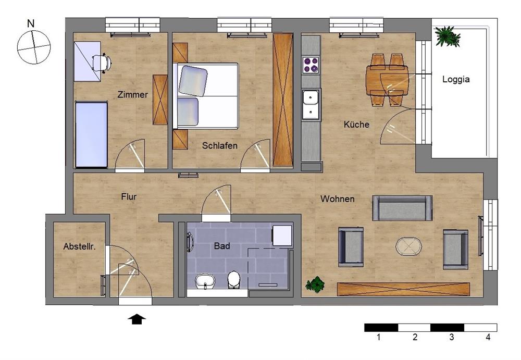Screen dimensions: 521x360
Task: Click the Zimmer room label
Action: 132,94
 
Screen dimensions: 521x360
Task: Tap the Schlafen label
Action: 220,145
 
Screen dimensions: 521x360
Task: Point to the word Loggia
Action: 456,79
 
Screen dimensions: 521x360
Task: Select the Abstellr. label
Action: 79,246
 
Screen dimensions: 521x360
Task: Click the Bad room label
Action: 222,246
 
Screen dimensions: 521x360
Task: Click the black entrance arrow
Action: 137,319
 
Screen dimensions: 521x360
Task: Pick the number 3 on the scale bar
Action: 451,337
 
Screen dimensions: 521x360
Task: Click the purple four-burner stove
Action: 311,65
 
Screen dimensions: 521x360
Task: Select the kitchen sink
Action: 311,104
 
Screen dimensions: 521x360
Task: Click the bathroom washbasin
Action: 205,281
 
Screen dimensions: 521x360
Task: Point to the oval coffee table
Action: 408,246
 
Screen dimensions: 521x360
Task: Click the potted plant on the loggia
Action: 447,36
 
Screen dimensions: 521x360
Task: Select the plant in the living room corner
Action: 315,284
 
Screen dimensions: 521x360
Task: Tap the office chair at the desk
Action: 101,63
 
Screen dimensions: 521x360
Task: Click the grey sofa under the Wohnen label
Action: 402,208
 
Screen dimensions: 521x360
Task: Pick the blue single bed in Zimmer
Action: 91,134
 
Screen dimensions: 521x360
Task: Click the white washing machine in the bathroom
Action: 282,235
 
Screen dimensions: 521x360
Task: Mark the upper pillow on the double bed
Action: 193,81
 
